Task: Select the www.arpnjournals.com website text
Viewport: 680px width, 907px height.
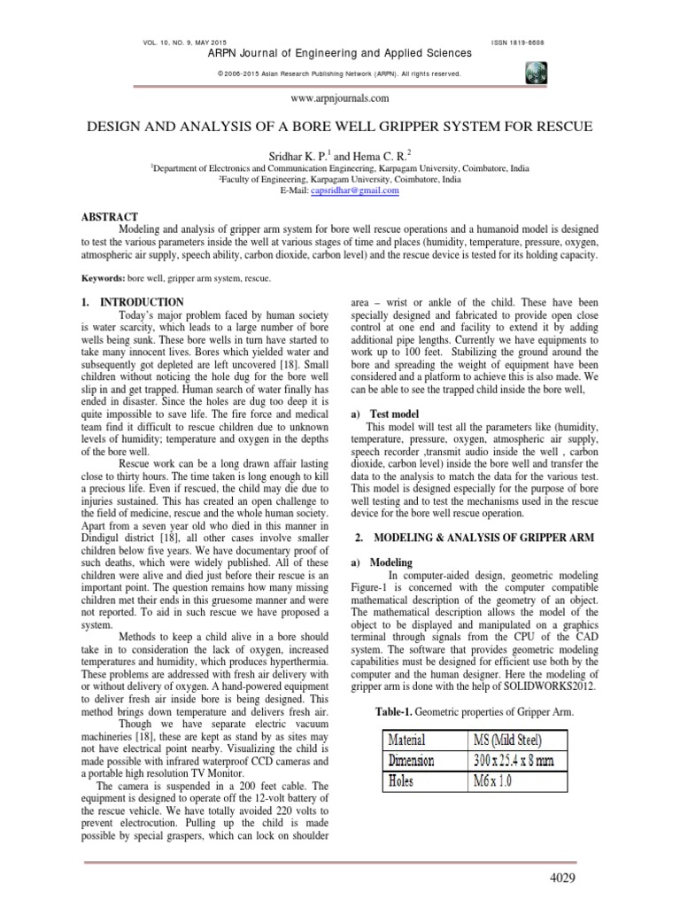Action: pos(339,100)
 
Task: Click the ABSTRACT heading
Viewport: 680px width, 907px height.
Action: pos(107,216)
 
